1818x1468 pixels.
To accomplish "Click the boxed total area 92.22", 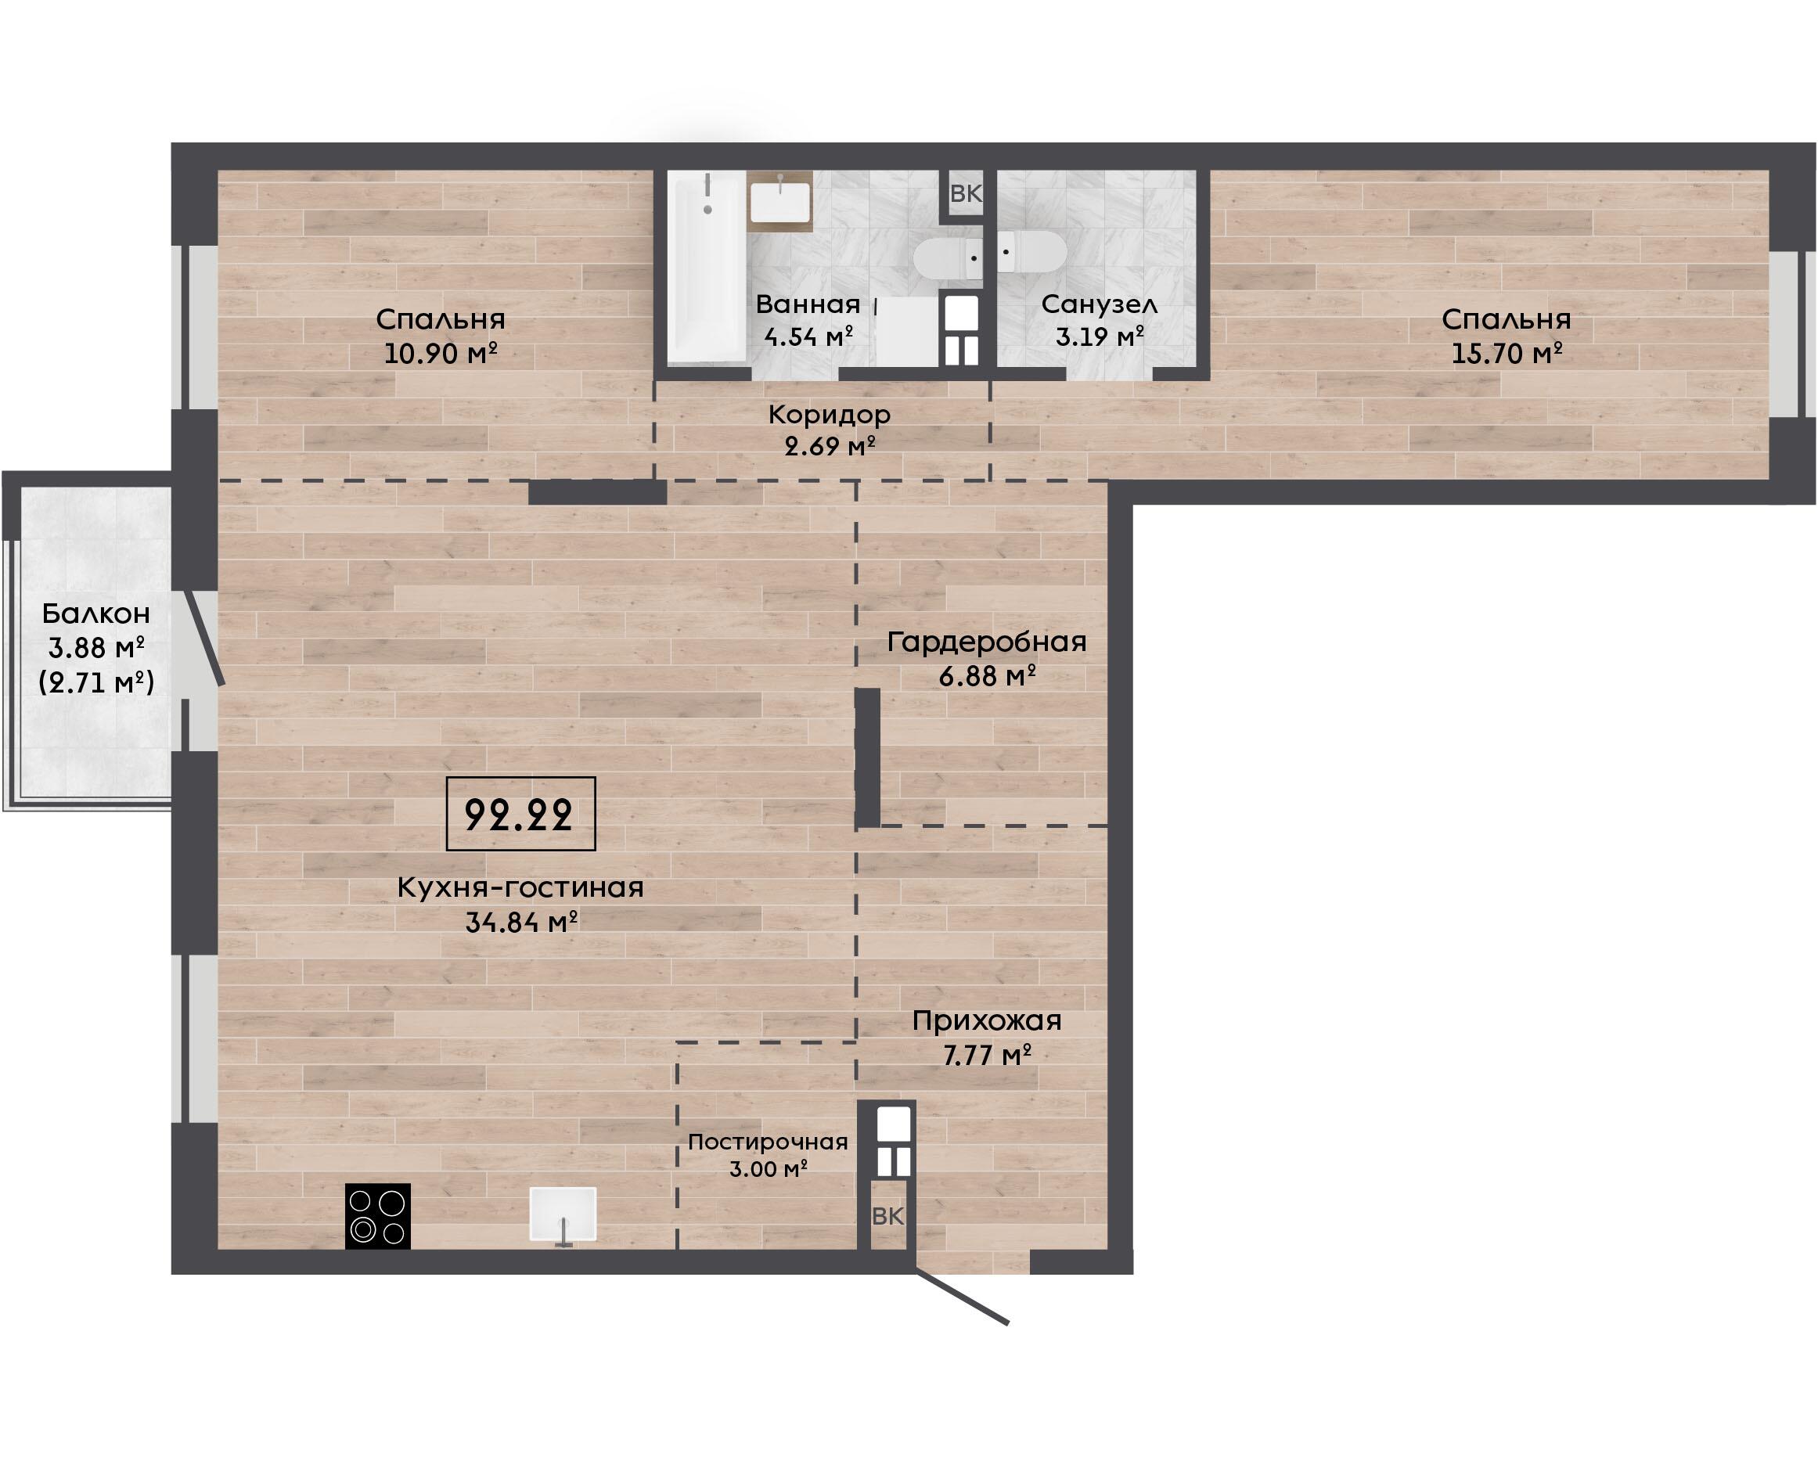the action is (x=520, y=814).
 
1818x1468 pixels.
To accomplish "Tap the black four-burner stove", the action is (x=378, y=1216).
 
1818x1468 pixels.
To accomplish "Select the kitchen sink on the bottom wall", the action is (x=563, y=1215).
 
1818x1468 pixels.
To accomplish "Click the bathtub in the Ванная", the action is (x=706, y=267).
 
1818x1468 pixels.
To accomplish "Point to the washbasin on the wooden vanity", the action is (x=780, y=201).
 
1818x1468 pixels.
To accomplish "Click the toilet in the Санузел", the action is (x=1031, y=251).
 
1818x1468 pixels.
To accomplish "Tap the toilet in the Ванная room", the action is (x=948, y=257).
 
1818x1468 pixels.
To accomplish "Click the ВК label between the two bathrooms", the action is (x=966, y=193).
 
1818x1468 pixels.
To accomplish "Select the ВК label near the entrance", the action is (x=887, y=1216).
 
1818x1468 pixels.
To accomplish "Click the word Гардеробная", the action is (x=987, y=642).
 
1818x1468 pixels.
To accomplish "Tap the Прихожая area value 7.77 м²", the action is (x=987, y=1055).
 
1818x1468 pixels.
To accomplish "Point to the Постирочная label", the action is (x=768, y=1142).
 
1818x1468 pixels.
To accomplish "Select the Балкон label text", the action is (x=96, y=613).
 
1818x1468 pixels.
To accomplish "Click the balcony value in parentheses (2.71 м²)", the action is (x=96, y=682).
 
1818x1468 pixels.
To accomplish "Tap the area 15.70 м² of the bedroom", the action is (x=1507, y=353).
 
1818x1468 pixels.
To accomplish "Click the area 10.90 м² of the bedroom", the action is (x=441, y=353).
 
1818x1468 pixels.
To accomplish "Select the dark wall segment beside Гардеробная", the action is (x=868, y=757).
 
